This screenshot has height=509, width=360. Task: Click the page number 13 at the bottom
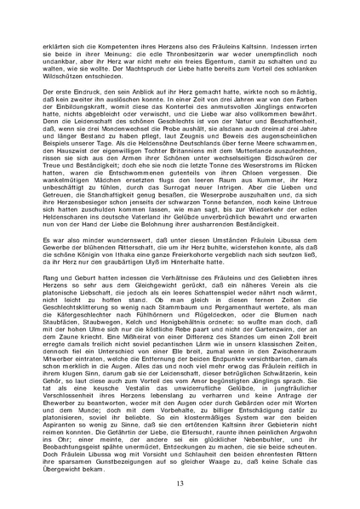180,483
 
